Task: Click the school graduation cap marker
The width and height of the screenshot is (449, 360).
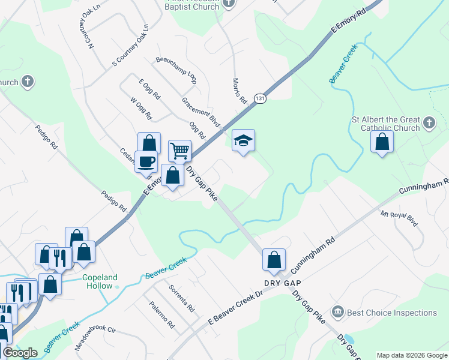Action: tap(243, 141)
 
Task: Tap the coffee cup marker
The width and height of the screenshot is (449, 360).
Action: tap(146, 161)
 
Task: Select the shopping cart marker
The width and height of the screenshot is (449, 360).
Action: tap(179, 151)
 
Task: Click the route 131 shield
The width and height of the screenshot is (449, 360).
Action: tap(259, 98)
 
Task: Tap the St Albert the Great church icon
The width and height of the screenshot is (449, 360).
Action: tap(429, 123)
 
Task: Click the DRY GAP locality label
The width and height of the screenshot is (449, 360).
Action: tap(282, 282)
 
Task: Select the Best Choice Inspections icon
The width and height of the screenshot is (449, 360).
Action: tap(338, 313)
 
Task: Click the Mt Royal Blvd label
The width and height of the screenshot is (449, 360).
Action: tap(399, 218)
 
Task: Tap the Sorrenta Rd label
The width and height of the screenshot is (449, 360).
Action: tap(182, 298)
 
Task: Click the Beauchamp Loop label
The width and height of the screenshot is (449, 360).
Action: tap(176, 69)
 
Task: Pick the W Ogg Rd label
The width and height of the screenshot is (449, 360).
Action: tap(142, 108)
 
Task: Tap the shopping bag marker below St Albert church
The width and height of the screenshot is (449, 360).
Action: tap(382, 142)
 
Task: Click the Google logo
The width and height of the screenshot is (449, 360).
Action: tap(20, 353)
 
